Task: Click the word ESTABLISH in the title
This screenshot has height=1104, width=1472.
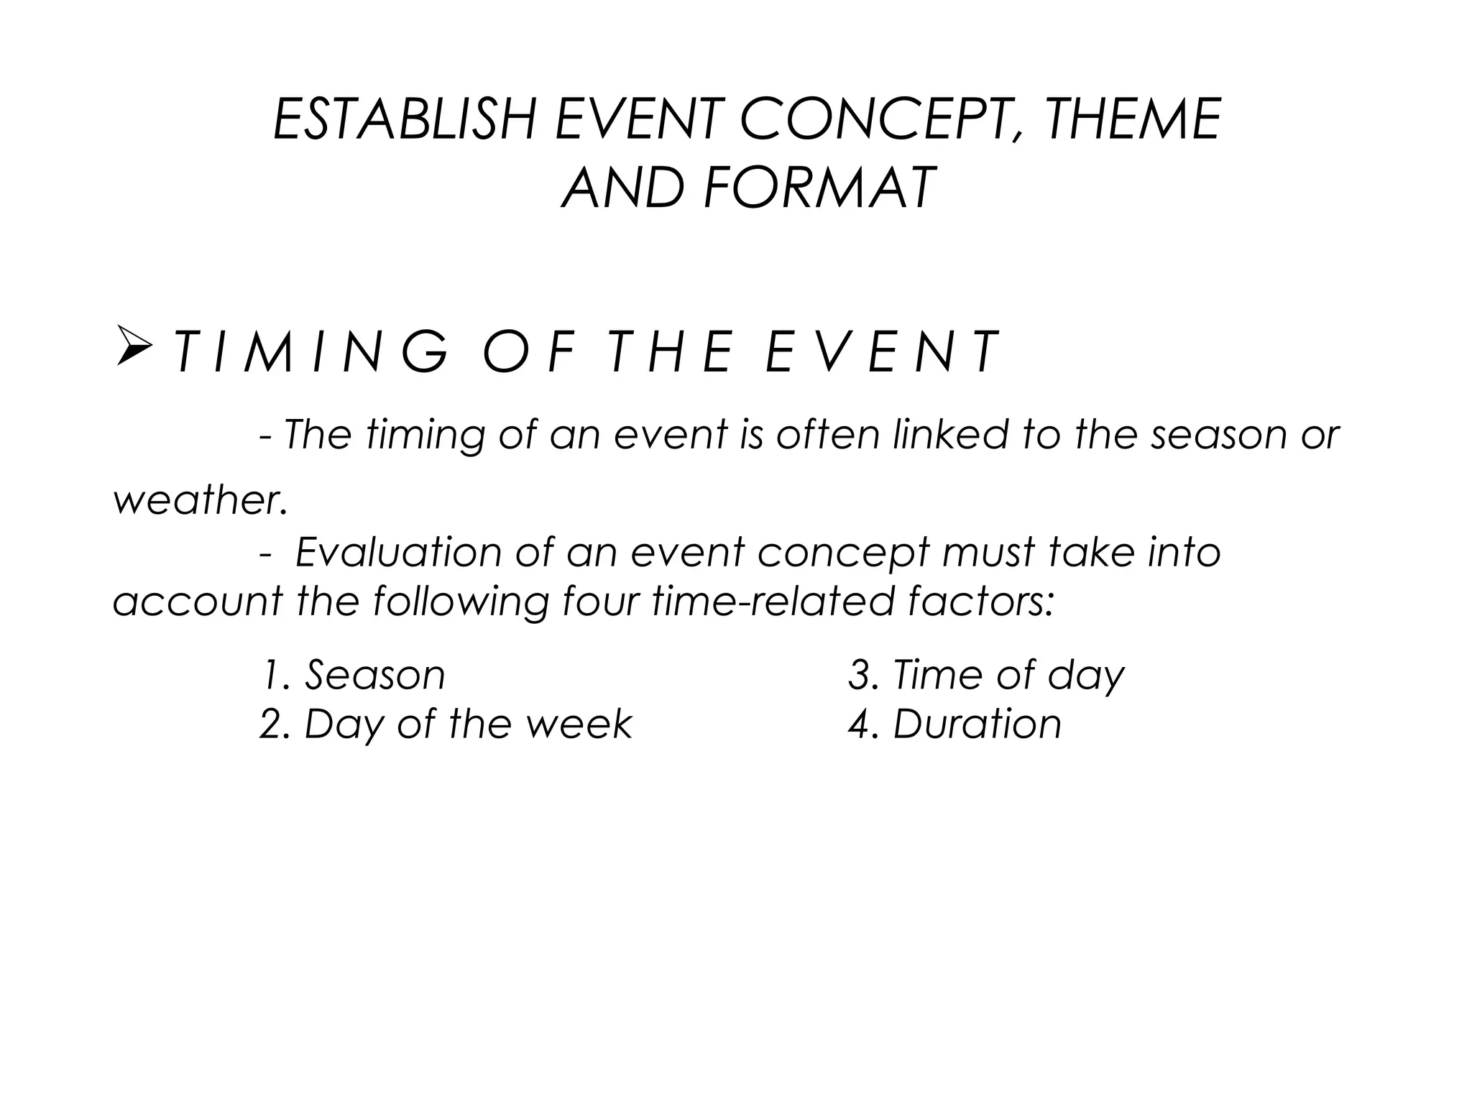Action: (x=405, y=119)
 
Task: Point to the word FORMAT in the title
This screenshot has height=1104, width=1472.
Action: (x=820, y=188)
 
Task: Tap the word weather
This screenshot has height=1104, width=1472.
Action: (x=201, y=500)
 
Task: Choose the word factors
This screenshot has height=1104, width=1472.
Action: (x=980, y=601)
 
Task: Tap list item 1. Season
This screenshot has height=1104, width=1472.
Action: (x=353, y=675)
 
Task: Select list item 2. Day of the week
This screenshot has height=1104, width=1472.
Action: (x=446, y=724)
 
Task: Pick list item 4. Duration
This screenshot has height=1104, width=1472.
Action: (x=954, y=724)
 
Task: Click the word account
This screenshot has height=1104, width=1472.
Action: (x=198, y=601)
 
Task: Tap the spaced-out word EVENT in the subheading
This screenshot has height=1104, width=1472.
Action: (x=881, y=353)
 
